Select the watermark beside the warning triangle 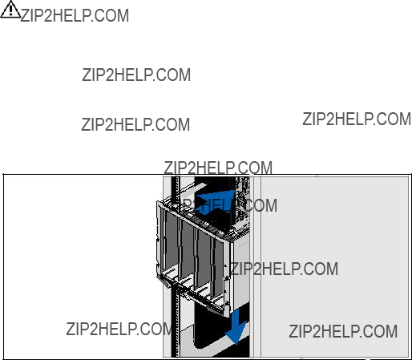pos(75,15)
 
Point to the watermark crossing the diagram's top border pos(218,168)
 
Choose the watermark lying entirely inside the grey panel pos(343,331)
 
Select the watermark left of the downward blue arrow pos(119,329)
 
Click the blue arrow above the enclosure pos(214,203)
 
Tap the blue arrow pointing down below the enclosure pos(236,326)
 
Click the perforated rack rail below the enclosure pos(175,322)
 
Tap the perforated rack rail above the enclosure pos(176,190)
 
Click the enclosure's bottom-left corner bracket pos(164,281)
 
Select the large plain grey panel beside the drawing pos(334,267)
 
